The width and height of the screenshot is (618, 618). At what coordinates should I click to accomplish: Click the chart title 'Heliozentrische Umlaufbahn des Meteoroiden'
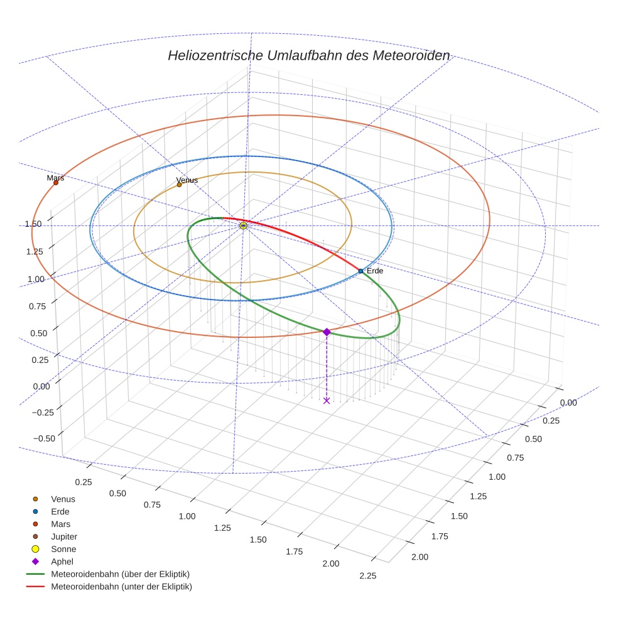tap(308, 55)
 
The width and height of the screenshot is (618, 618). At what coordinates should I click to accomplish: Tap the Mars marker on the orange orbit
tap(56, 183)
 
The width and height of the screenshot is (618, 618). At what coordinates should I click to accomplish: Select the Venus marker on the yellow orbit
tap(179, 185)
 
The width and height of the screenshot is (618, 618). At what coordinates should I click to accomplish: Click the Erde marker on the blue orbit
tap(360, 271)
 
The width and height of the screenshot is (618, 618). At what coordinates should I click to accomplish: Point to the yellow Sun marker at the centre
tap(244, 225)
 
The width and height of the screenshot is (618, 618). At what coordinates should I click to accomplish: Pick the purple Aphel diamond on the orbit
tap(327, 332)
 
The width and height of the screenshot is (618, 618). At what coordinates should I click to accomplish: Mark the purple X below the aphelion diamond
tap(327, 400)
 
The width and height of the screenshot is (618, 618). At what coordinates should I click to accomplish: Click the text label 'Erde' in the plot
tap(375, 271)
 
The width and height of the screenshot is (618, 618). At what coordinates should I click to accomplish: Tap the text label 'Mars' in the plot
tap(55, 178)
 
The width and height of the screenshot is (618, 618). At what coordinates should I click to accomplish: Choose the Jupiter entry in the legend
tap(63, 536)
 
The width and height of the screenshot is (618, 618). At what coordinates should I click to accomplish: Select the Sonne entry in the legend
tap(63, 549)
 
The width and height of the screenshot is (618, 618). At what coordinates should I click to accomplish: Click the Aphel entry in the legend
tap(62, 561)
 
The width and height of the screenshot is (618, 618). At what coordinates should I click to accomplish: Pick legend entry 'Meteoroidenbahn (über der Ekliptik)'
tap(120, 574)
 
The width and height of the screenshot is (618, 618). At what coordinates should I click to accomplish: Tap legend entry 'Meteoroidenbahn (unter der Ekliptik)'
tap(121, 587)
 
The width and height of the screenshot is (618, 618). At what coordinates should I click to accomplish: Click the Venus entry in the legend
tap(63, 499)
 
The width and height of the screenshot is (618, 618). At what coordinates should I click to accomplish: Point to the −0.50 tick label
tap(43, 438)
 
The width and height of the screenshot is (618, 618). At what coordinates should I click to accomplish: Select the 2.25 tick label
tap(367, 575)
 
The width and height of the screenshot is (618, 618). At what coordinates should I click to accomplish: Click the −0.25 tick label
tap(43, 411)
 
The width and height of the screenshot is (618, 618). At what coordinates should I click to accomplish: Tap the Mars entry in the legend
tap(60, 524)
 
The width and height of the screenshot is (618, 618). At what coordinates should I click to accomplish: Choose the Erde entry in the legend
tap(60, 511)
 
